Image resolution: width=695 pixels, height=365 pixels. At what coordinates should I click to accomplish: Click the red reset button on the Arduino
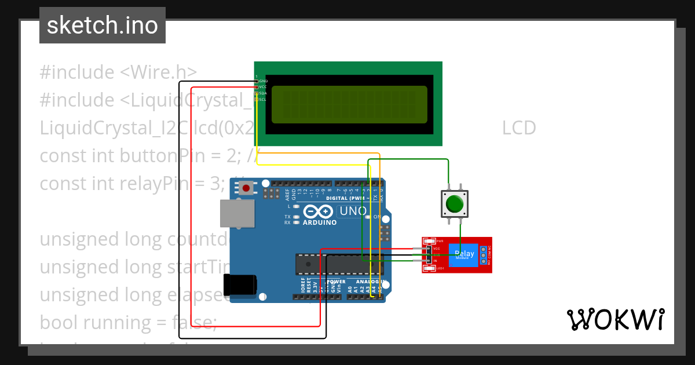(x=247, y=188)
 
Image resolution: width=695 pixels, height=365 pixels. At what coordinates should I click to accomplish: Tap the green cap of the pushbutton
(x=455, y=205)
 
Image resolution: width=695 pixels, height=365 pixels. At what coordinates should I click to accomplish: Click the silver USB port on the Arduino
(x=237, y=214)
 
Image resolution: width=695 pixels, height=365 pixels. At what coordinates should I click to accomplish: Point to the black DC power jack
(x=240, y=285)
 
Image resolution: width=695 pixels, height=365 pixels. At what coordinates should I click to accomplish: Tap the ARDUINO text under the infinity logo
(x=319, y=222)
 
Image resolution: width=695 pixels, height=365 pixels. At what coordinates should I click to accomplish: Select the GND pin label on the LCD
(x=263, y=81)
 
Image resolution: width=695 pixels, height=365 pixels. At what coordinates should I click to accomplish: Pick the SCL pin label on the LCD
(x=263, y=99)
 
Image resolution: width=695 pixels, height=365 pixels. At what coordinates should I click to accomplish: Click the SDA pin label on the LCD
(x=263, y=93)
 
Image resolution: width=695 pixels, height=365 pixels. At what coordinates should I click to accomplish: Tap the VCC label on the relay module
(x=437, y=249)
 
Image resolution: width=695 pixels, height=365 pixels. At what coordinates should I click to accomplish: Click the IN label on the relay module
(x=436, y=261)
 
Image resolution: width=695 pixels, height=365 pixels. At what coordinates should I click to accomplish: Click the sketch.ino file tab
(x=103, y=25)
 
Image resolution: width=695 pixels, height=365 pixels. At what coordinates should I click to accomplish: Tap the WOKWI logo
(x=616, y=319)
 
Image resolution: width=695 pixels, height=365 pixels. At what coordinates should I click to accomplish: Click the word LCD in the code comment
(x=519, y=127)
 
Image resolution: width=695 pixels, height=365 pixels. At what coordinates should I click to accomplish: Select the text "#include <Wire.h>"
(x=118, y=72)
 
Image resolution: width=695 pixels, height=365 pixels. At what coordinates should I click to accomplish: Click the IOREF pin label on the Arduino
(x=303, y=284)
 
